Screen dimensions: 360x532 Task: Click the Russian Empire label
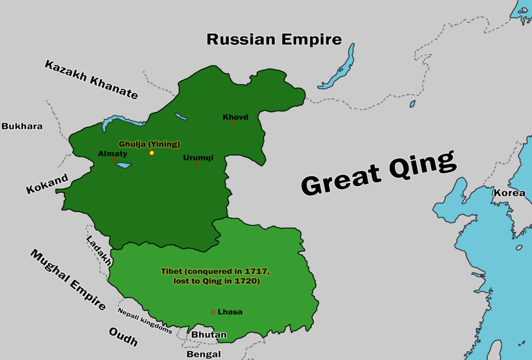point(274,39)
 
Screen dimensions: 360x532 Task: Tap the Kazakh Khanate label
point(91,79)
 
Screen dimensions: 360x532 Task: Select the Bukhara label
point(22,126)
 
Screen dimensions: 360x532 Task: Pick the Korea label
point(509,193)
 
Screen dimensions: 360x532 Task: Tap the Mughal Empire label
point(68,280)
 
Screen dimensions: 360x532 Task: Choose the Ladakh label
point(99,251)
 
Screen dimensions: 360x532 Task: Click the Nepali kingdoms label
point(144,321)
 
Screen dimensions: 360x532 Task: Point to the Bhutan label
point(209,335)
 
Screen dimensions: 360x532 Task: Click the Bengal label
point(204,354)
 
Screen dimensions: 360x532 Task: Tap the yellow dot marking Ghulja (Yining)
point(152,153)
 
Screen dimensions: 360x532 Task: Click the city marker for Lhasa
point(213,312)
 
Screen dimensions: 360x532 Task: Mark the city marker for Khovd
point(233,123)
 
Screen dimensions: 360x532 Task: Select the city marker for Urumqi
point(196,164)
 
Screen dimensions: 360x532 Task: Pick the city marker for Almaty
point(113,159)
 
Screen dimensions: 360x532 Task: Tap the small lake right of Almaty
point(124,166)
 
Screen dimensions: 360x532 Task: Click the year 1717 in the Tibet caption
point(259,272)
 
